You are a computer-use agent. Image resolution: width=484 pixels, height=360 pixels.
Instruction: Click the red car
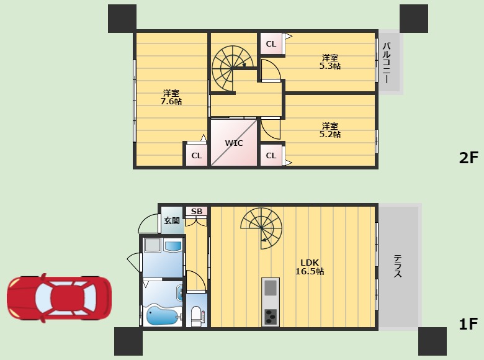(60, 298)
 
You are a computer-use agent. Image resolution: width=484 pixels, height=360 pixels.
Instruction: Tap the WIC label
(234, 143)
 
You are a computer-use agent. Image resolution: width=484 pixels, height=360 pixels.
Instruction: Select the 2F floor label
(468, 158)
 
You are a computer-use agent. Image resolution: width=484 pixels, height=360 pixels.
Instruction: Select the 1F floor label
(468, 324)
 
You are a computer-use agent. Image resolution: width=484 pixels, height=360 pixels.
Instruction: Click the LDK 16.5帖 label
(310, 267)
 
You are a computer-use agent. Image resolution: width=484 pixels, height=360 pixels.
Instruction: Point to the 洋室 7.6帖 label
(171, 97)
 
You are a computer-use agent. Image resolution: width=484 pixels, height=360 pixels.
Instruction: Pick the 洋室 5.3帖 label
(330, 61)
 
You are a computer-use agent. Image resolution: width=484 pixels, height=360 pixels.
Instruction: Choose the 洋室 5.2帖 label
(330, 130)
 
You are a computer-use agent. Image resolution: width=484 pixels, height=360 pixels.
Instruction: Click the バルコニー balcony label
(387, 63)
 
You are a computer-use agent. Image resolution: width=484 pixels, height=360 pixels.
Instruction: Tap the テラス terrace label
(398, 266)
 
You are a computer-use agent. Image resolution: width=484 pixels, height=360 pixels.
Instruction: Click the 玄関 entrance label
(172, 220)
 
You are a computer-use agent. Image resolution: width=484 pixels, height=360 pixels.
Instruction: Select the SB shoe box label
(197, 212)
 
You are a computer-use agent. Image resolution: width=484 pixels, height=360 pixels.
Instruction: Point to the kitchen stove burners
(271, 317)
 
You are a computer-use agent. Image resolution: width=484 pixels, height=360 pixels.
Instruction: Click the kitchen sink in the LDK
(271, 287)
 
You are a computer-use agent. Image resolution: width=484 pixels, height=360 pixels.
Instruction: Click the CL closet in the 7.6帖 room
(196, 155)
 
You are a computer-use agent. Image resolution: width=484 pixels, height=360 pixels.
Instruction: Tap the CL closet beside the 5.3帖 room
(271, 44)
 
